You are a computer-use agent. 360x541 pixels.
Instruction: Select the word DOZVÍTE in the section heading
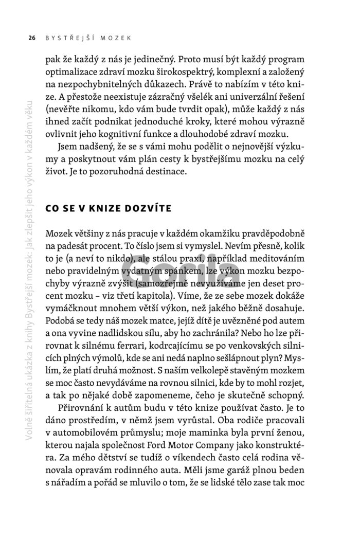141,209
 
